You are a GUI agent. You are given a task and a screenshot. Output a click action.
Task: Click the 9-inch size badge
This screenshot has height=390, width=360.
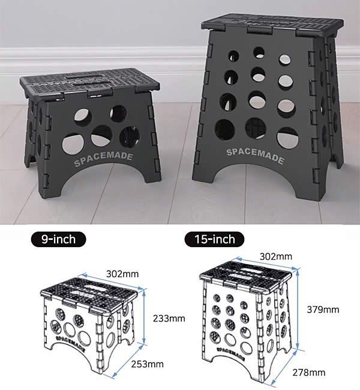pos(58,239)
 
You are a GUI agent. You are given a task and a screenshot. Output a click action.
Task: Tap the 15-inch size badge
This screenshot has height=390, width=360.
pos(214,239)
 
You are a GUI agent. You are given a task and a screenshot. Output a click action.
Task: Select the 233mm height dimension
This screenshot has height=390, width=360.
pos(169,319)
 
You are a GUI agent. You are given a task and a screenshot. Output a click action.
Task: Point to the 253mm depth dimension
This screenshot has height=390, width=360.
pos(147,364)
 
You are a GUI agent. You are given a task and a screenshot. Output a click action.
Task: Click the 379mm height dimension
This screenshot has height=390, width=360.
pos(323,310)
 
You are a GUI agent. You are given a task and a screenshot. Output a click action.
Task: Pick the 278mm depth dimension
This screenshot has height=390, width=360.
pos(309,373)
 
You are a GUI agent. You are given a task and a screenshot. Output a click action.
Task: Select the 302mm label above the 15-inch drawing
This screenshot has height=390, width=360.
pos(276,256)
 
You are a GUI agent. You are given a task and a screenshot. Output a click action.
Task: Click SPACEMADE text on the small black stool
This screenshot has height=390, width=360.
pos(103,159)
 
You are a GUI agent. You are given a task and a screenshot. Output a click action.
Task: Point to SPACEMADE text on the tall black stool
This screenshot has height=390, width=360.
pos(255,156)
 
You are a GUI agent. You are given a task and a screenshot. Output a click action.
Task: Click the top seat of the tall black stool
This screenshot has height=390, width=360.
pos(272,25)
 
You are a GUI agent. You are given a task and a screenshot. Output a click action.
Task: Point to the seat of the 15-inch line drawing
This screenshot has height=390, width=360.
pos(245,275)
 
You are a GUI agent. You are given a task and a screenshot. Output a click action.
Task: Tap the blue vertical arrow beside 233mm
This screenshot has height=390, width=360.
pos(144,317)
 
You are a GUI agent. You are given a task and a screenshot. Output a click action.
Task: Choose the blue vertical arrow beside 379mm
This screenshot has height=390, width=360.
pos(297,310)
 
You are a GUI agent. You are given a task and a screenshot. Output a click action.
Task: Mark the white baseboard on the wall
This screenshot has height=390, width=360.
pos(100,59)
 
